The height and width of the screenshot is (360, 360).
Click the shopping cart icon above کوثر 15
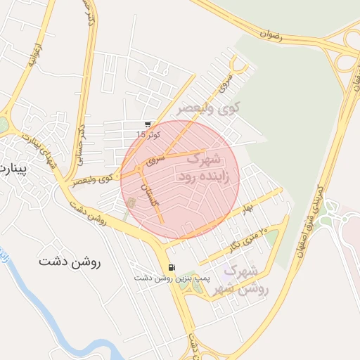(x=147, y=124)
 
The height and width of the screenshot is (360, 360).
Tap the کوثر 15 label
(x=148, y=134)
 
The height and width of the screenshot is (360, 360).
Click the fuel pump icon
(x=172, y=267)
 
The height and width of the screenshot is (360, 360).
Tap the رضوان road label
(x=270, y=33)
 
